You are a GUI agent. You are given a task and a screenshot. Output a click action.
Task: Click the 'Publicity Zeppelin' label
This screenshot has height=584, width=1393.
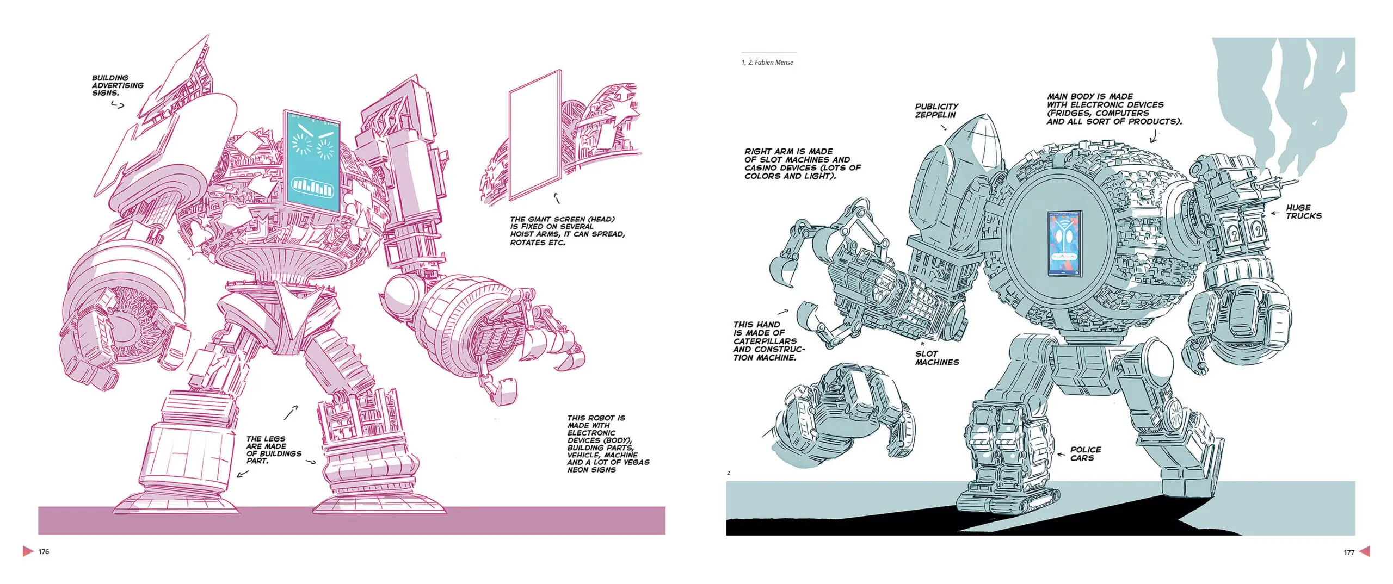pyautogui.click(x=936, y=111)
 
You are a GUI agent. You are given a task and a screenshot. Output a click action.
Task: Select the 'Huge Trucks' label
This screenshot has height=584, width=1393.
pyautogui.click(x=1304, y=212)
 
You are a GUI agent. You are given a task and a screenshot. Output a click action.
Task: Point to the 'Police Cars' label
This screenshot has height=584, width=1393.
pyautogui.click(x=1085, y=453)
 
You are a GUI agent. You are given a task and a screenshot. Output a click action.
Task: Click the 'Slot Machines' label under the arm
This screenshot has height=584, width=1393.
pyautogui.click(x=936, y=358)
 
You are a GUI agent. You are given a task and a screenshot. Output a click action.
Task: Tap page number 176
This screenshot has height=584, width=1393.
pyautogui.click(x=44, y=551)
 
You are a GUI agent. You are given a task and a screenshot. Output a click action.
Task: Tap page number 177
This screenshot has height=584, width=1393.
pyautogui.click(x=1349, y=552)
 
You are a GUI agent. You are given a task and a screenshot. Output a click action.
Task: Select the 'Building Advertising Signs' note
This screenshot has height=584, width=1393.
pyautogui.click(x=118, y=85)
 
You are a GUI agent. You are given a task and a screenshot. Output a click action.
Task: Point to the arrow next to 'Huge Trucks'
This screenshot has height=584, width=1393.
pyautogui.click(x=1274, y=214)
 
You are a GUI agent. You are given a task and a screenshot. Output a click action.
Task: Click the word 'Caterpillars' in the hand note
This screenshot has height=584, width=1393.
pyautogui.click(x=765, y=341)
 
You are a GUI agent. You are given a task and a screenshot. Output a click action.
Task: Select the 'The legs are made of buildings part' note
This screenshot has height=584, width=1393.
pyautogui.click(x=274, y=450)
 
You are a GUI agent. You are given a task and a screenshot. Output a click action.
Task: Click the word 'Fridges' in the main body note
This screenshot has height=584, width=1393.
pyautogui.click(x=1070, y=113)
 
